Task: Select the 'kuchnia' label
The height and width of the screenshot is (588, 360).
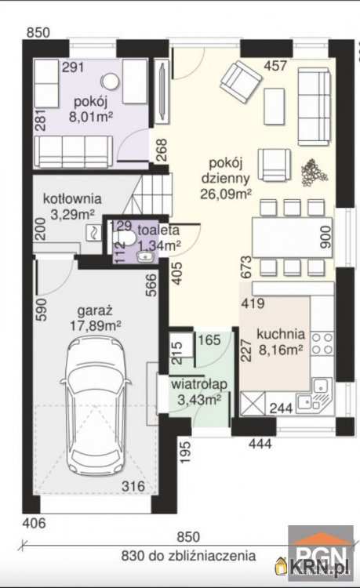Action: (x=281, y=334)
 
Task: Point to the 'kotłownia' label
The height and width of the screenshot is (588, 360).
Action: (x=72, y=198)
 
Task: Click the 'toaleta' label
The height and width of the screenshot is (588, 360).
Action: (x=158, y=230)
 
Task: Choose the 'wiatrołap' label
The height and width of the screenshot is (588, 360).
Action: (x=199, y=384)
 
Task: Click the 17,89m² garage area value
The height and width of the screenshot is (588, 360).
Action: (x=95, y=326)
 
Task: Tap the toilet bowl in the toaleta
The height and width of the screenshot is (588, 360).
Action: (x=126, y=237)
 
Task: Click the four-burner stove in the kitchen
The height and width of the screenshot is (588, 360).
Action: (x=322, y=343)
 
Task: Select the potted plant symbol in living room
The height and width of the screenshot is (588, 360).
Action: (x=314, y=172)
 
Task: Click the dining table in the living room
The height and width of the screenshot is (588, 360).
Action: (x=292, y=237)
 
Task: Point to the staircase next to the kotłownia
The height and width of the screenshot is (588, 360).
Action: (x=150, y=195)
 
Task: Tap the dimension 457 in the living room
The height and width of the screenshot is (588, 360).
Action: (x=275, y=66)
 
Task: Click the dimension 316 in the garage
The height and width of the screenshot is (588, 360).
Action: (x=133, y=486)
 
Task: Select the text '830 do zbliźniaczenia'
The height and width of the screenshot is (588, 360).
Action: (x=188, y=556)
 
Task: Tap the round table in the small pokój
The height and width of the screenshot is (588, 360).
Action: (x=111, y=81)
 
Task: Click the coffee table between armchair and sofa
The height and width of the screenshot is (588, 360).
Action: (x=275, y=107)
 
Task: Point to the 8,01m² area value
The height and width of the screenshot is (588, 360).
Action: (x=91, y=117)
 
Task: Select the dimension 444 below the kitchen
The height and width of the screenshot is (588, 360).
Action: (x=260, y=444)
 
